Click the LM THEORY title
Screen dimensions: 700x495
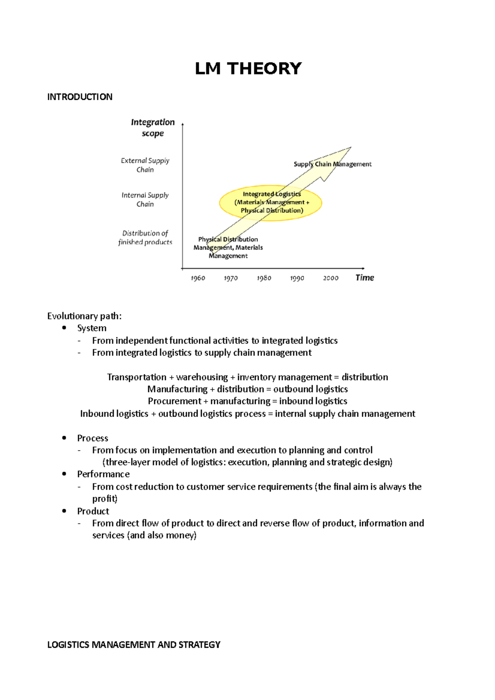(248, 68)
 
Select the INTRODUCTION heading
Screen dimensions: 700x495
(80, 97)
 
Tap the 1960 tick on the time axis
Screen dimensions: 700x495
(198, 278)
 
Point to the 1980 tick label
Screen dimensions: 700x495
(264, 278)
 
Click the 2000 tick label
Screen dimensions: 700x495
(330, 278)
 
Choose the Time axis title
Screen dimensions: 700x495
(365, 277)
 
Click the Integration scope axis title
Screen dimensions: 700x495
(153, 127)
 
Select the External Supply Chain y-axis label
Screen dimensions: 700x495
(145, 165)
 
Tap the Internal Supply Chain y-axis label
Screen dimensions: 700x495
(145, 200)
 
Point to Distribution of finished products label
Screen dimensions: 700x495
(145, 237)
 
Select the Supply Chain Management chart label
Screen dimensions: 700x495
(332, 164)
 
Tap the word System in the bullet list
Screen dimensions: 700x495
(92, 328)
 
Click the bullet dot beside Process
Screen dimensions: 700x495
(64, 438)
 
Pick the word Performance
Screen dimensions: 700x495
(103, 474)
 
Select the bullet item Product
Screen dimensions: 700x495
(93, 511)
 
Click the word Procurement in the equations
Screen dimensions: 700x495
(174, 401)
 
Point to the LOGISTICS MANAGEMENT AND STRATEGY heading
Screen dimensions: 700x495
(134, 645)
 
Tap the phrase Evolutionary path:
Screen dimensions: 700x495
(84, 316)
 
